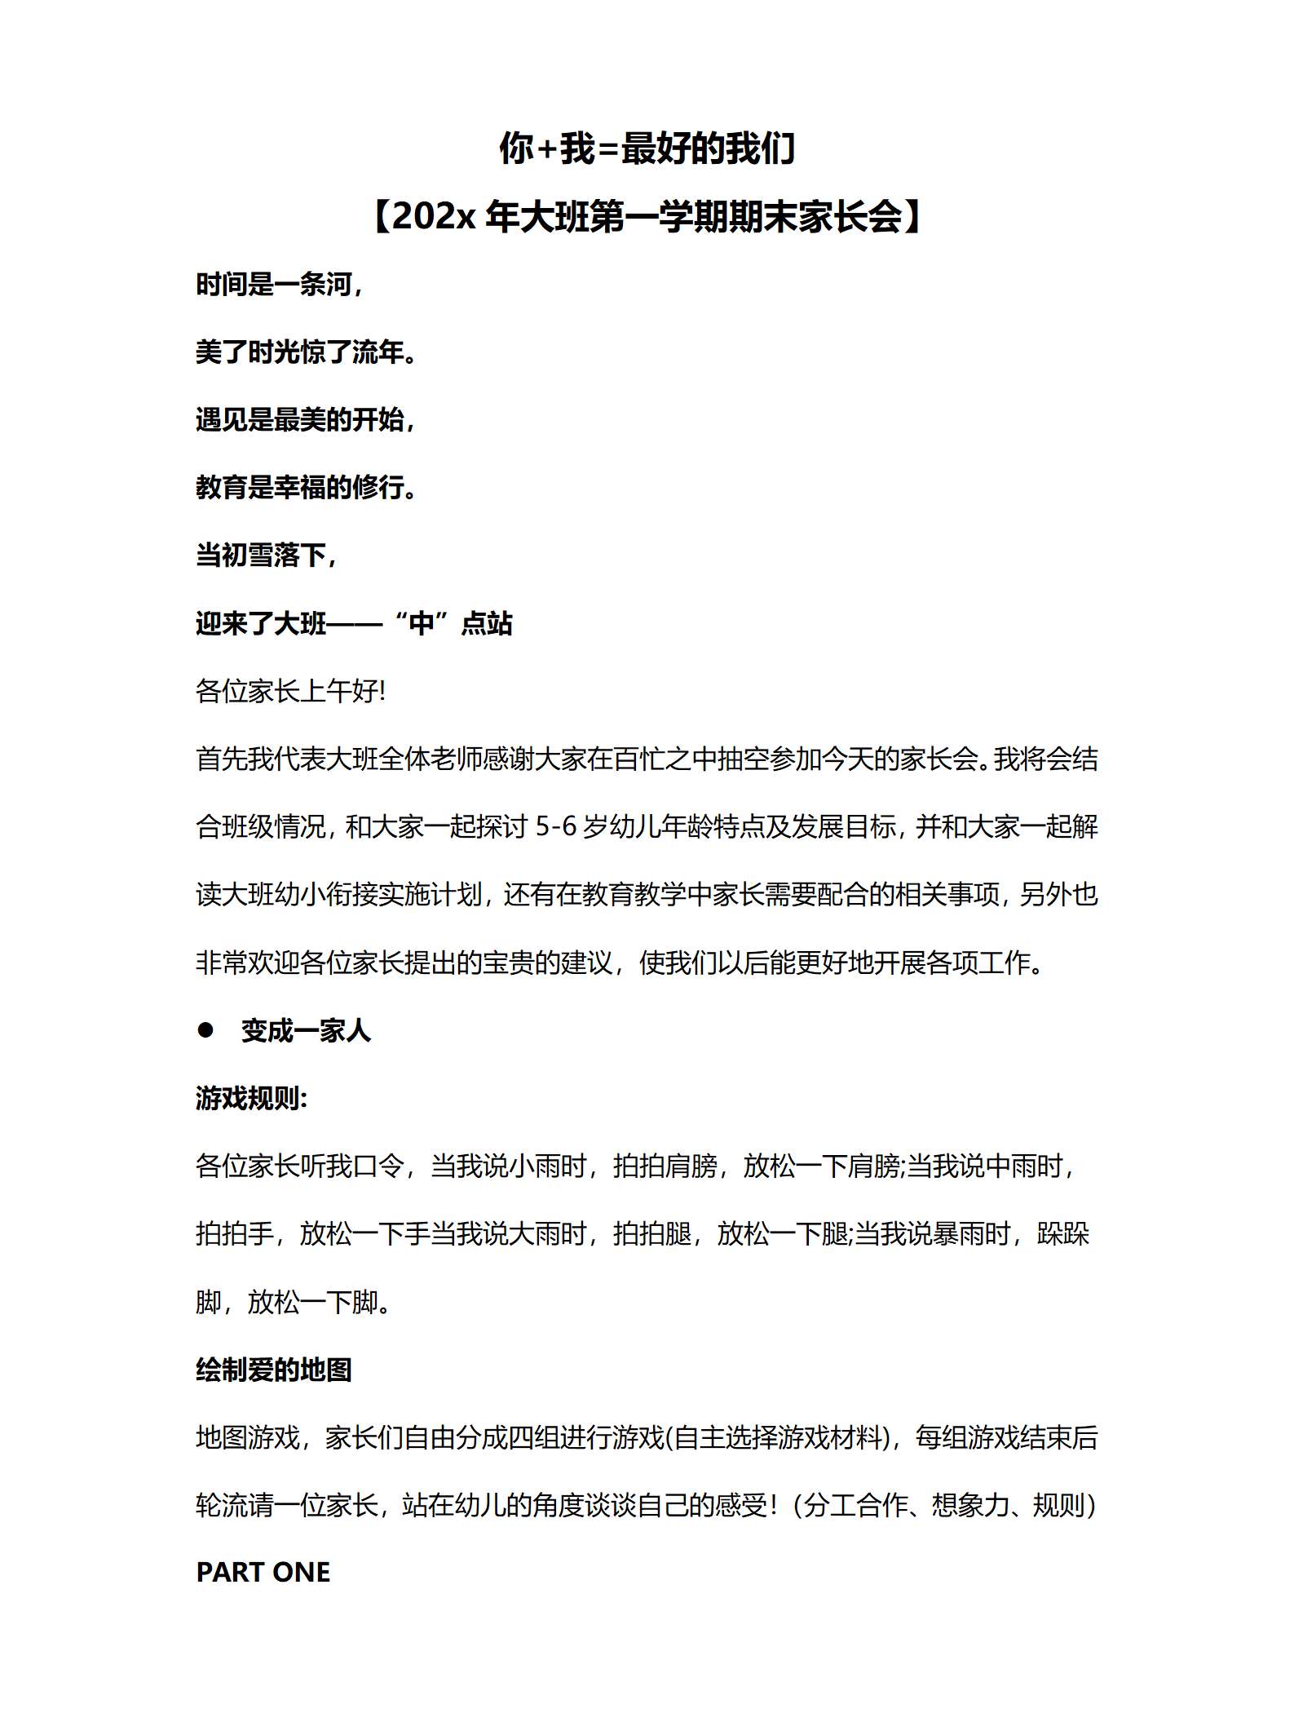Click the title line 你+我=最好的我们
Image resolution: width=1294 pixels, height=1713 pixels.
coord(647,149)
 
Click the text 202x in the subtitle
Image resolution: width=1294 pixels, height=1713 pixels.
coord(433,218)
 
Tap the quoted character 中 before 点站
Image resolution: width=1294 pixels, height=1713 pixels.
coord(422,623)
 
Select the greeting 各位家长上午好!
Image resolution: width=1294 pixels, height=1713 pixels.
coord(290,692)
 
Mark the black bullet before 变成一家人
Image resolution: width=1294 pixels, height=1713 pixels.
coord(205,1030)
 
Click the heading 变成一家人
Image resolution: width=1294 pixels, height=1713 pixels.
coord(306,1031)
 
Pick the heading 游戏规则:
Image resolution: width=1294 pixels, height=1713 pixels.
coord(252,1099)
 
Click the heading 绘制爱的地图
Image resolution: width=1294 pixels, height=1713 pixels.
coord(274,1370)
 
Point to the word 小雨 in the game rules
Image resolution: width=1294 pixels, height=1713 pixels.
coord(534,1166)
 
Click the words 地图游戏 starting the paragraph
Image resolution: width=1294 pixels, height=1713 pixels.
coord(248,1437)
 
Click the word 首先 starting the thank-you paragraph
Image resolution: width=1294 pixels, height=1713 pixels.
coord(222,759)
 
